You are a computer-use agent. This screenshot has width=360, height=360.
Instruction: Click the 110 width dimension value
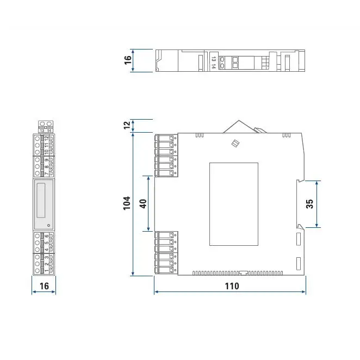click(230, 285)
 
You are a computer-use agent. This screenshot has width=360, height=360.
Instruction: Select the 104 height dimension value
click(127, 203)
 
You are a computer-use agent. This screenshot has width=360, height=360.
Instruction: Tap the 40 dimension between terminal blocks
click(143, 203)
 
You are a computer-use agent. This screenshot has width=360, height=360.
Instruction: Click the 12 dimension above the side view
click(127, 125)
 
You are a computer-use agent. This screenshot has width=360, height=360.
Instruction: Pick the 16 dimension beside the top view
click(127, 60)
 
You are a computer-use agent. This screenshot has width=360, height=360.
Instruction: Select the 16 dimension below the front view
click(44, 285)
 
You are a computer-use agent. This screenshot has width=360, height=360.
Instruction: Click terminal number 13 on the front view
click(41, 131)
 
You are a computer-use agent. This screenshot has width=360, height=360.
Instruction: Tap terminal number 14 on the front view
click(49, 131)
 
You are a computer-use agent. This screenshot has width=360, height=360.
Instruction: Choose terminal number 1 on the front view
click(46, 270)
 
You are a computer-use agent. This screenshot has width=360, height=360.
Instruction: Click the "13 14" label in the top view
click(214, 62)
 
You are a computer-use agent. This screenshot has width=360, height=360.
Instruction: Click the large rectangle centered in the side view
click(234, 203)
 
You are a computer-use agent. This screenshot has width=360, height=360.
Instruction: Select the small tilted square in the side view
click(235, 144)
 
